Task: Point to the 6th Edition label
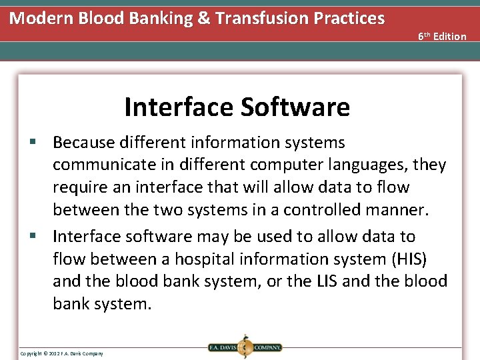tap(442, 36)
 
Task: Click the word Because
tap(86, 143)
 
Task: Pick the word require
tap(79, 188)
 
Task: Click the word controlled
tap(325, 211)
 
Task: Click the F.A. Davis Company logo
tap(245, 347)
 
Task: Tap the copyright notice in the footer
tap(62, 353)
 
